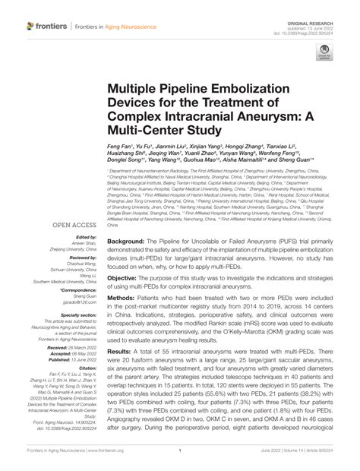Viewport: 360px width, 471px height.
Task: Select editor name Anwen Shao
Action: [82, 243]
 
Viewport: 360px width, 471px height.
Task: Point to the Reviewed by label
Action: [83, 258]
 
